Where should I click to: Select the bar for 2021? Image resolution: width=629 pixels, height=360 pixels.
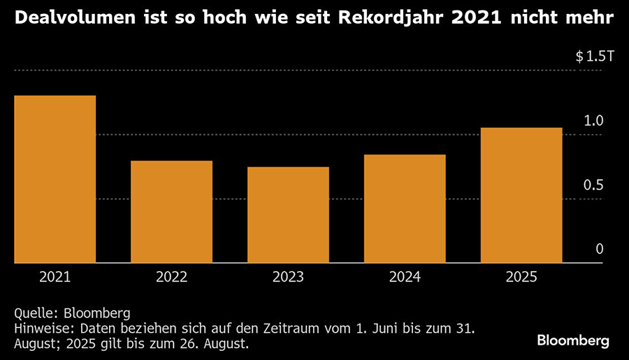click(55, 179)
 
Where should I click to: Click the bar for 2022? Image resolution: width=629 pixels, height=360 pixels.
click(171, 212)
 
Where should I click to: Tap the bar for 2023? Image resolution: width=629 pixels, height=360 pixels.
click(288, 215)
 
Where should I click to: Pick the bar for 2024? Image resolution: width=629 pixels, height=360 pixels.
click(405, 208)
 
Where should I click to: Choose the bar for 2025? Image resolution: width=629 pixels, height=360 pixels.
click(521, 195)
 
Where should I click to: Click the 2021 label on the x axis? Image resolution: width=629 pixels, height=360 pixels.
click(55, 277)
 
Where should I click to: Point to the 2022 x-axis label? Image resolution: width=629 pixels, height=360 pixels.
click(171, 277)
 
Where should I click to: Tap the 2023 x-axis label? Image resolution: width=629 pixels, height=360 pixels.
click(288, 277)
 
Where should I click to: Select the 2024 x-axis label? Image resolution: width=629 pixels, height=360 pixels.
click(405, 277)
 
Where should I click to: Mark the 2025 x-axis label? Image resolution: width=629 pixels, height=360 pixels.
click(521, 277)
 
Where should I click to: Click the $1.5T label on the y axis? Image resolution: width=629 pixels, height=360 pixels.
click(594, 57)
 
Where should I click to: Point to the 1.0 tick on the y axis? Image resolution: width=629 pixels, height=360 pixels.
click(593, 121)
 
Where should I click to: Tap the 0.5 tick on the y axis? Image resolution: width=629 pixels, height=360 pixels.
click(593, 185)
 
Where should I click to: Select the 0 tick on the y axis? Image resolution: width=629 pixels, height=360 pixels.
click(599, 250)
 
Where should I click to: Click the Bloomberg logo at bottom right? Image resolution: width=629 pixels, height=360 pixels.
click(573, 340)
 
